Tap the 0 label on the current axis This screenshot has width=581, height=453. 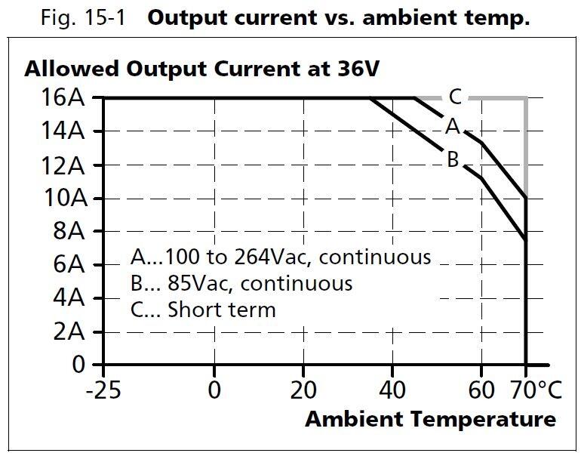[78, 365]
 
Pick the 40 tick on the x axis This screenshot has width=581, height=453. [392, 392]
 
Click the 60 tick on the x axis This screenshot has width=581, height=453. [481, 392]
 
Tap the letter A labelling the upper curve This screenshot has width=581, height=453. [452, 127]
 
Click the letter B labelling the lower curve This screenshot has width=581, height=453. [453, 159]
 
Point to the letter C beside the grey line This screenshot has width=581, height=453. [455, 97]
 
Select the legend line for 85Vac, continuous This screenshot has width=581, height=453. [241, 283]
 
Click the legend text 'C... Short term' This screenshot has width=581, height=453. [203, 310]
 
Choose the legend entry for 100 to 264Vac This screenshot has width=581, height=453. [280, 257]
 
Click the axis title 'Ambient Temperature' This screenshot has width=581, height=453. [430, 419]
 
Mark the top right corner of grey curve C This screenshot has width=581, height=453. [525, 98]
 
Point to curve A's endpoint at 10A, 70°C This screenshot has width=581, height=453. [525, 199]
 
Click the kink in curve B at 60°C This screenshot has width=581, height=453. [481, 178]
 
